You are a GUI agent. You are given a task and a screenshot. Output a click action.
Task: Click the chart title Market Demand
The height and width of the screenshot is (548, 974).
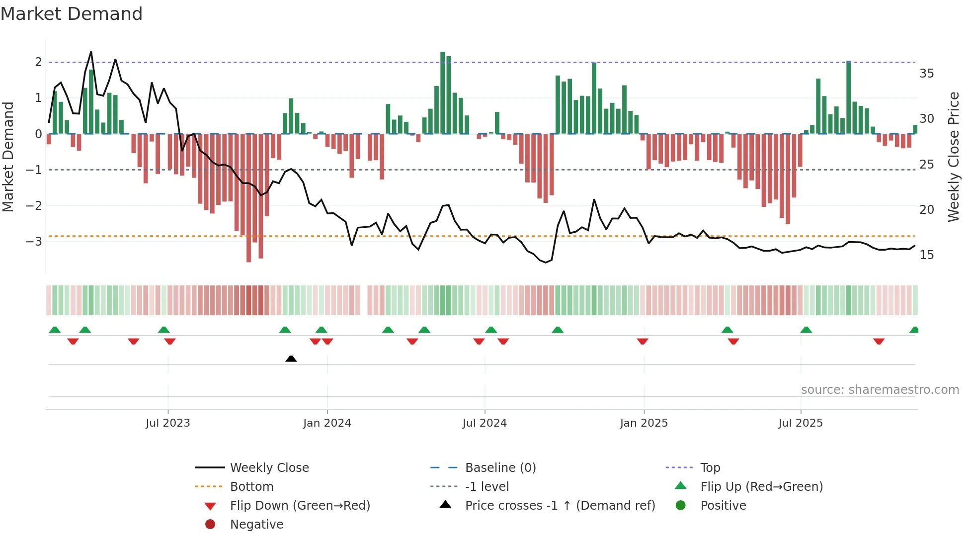(x=72, y=14)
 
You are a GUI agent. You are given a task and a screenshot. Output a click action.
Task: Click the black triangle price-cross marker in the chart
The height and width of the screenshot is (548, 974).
(x=291, y=359)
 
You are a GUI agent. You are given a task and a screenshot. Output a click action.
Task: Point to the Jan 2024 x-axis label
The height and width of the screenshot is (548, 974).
(x=327, y=423)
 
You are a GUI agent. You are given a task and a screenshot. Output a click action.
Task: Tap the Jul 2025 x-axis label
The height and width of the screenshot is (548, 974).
(x=800, y=423)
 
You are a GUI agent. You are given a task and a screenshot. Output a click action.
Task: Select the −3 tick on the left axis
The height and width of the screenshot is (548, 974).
(x=34, y=242)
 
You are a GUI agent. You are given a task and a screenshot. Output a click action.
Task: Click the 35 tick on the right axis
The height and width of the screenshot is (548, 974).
(x=926, y=74)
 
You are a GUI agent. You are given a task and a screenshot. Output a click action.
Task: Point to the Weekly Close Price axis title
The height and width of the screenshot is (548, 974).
(x=953, y=157)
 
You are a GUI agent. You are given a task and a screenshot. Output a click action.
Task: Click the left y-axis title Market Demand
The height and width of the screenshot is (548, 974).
(x=8, y=157)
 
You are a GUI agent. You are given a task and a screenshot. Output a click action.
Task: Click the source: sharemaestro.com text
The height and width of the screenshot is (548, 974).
(x=880, y=390)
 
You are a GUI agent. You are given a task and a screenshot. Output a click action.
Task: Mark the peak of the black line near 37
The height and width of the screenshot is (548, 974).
(x=91, y=52)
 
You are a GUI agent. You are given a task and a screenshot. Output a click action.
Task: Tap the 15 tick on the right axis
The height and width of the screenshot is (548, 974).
(x=926, y=255)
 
